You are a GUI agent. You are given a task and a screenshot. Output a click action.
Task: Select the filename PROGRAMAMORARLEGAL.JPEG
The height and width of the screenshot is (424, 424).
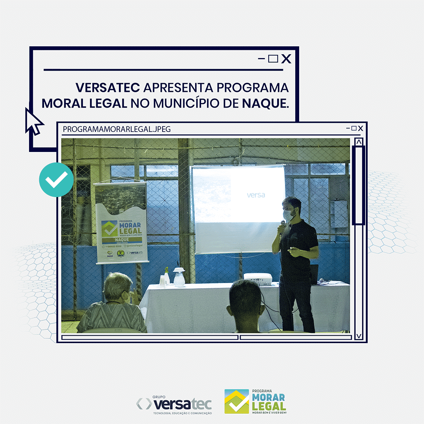click(117, 129)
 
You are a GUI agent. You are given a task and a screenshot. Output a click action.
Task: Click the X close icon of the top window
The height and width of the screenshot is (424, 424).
click(287, 59)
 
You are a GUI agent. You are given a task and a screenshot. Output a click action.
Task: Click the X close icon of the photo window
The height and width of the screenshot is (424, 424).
click(360, 128)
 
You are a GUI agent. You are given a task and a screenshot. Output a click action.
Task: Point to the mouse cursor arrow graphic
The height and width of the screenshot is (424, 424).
click(34, 121)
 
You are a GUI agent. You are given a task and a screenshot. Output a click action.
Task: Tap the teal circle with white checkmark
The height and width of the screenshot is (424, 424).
click(56, 180)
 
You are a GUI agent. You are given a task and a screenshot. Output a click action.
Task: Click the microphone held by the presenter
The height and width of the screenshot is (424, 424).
click(282, 226)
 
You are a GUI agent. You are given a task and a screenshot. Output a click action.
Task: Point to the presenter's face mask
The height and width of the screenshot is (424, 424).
click(289, 215)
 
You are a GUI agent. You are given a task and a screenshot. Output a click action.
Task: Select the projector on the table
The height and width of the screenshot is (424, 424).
click(258, 278)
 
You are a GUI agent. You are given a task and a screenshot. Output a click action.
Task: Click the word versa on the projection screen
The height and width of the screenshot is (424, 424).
click(256, 195)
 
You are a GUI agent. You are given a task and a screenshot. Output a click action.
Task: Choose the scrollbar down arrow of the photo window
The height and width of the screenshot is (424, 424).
click(359, 336)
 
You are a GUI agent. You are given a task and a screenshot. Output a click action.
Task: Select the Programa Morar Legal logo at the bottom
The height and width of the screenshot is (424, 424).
click(255, 402)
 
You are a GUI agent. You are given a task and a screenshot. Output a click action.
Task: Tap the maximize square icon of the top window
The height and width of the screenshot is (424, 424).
click(273, 59)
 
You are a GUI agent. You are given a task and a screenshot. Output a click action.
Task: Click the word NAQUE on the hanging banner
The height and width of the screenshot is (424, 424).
click(122, 239)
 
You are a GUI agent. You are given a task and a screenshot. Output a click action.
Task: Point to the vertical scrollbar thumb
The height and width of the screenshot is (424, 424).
click(358, 185)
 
